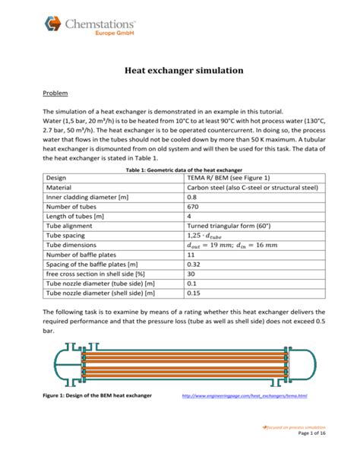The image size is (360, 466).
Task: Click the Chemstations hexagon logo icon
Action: coord(53,24)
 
